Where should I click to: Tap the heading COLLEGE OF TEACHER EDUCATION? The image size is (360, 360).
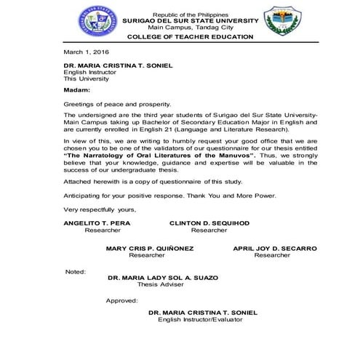pos(190,36)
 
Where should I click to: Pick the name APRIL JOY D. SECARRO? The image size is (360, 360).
pos(274,249)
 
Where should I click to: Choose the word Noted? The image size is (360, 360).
pos(75,271)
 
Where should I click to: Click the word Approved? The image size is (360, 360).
pos(121,300)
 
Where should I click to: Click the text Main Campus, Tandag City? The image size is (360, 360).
pos(190,27)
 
